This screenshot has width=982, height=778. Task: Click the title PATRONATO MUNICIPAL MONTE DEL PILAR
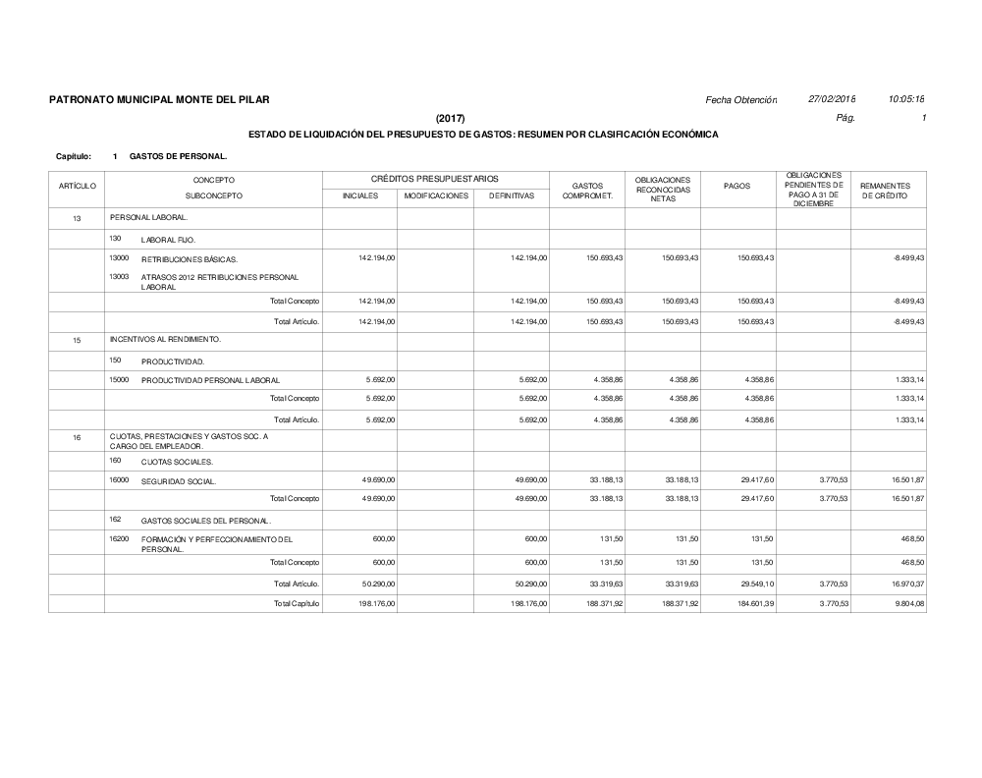tap(159, 100)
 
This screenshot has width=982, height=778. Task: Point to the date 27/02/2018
tap(832, 100)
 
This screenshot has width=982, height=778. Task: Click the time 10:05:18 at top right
tap(906, 100)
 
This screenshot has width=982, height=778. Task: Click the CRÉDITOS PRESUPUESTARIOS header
tap(435, 179)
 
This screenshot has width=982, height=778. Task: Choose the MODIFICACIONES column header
tap(436, 195)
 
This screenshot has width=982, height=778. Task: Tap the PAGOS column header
tap(737, 187)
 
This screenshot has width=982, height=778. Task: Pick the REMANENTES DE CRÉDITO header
tap(885, 191)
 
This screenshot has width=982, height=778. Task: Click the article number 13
tap(77, 217)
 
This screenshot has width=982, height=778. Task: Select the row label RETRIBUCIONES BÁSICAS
tap(190, 259)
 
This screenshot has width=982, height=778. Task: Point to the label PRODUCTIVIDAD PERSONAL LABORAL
tap(210, 380)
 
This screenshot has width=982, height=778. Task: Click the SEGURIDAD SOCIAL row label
tap(179, 481)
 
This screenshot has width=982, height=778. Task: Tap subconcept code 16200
tap(119, 539)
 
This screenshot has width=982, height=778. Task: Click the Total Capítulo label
tap(298, 603)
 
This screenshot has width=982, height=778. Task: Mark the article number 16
tap(77, 438)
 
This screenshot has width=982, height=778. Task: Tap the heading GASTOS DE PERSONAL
tap(178, 156)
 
